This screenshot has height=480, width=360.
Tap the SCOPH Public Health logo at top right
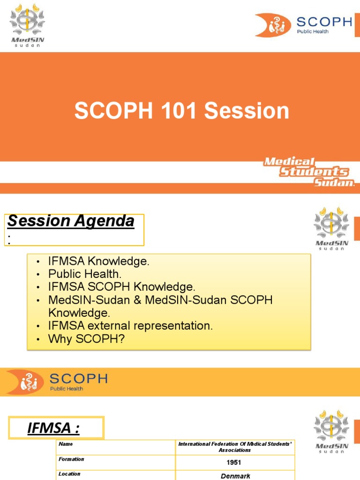(x=303, y=25)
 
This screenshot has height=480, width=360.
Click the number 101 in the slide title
(x=180, y=111)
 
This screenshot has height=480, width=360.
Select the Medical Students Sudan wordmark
(x=308, y=172)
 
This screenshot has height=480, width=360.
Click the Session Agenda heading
(x=71, y=221)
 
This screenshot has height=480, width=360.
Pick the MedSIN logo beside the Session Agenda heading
(x=331, y=228)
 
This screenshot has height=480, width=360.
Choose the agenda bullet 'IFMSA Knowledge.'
(x=98, y=262)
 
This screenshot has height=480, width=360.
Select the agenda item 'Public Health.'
(x=85, y=274)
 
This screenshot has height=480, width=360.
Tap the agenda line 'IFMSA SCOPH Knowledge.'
(x=121, y=287)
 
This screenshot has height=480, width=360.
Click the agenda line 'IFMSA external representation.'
(x=130, y=326)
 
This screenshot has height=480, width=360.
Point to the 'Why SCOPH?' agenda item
(x=86, y=339)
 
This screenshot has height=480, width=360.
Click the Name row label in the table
(x=66, y=444)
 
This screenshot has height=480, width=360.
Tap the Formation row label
(x=71, y=459)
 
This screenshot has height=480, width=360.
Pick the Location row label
(x=69, y=474)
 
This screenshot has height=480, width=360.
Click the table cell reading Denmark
(x=235, y=476)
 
